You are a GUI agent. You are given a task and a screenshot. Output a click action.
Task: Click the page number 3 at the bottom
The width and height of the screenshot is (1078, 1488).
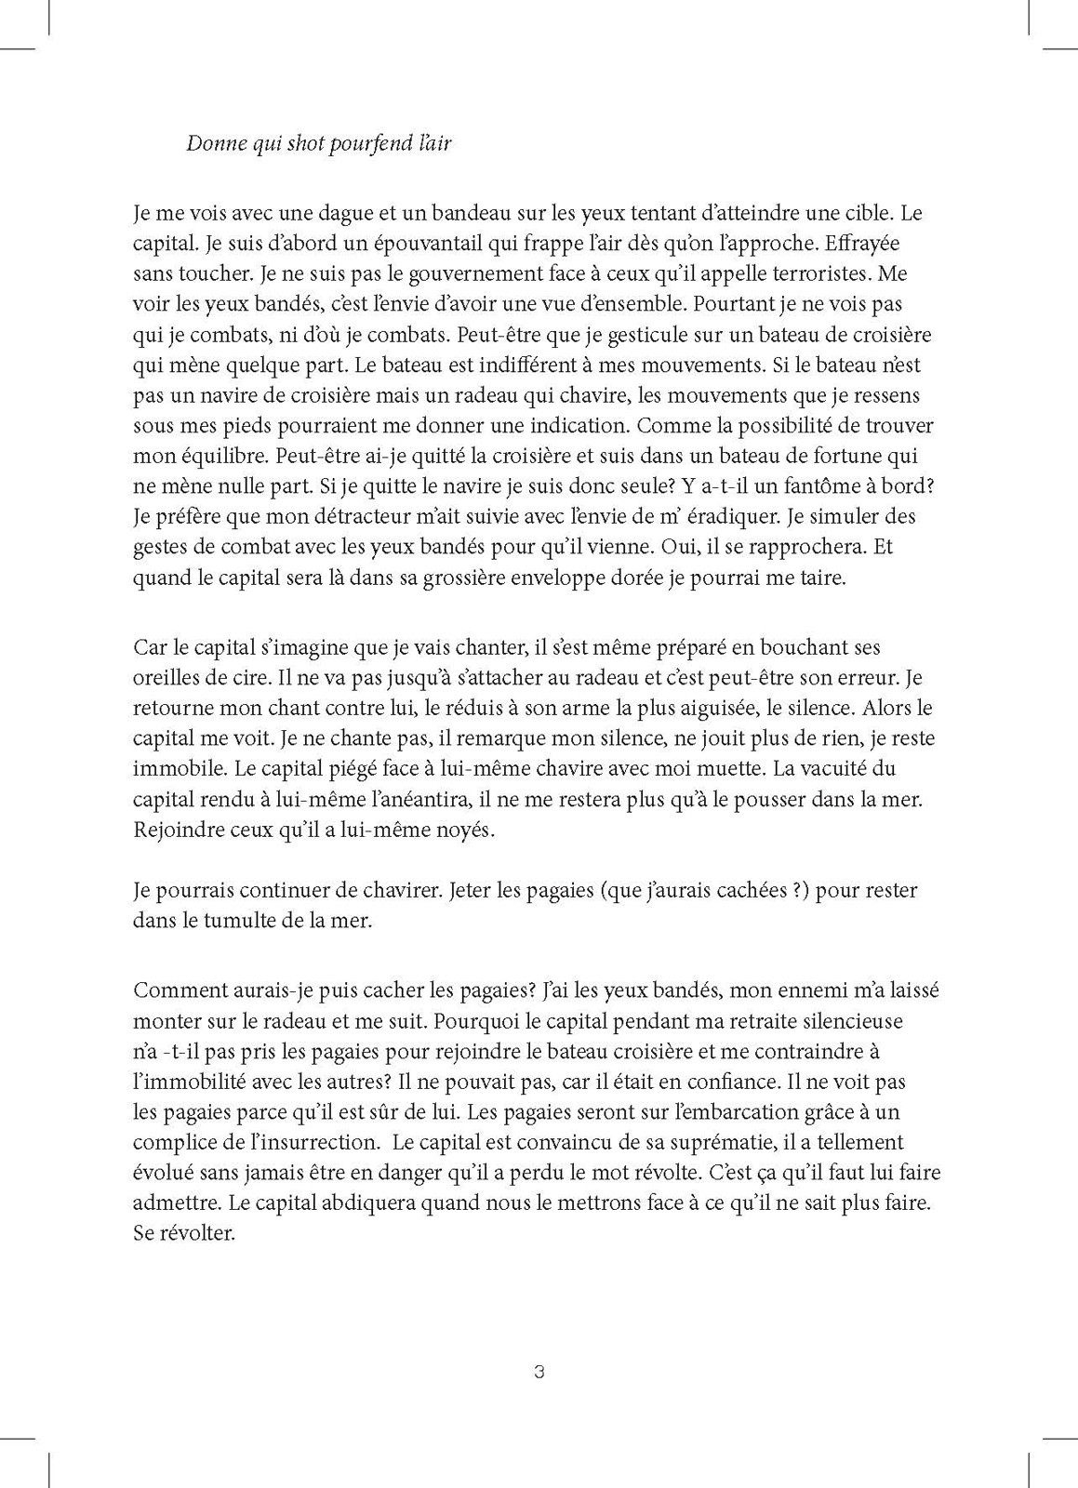click(539, 1372)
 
